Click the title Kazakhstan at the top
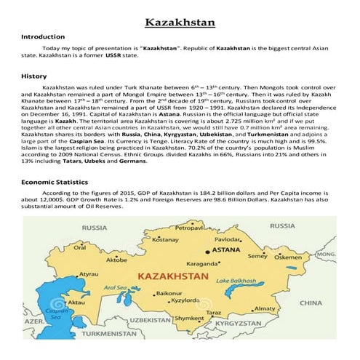tap(180, 23)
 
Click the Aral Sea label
tap(115, 287)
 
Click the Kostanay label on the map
tap(164, 239)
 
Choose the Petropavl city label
tap(191, 228)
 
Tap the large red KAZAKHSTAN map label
tap(171, 277)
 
